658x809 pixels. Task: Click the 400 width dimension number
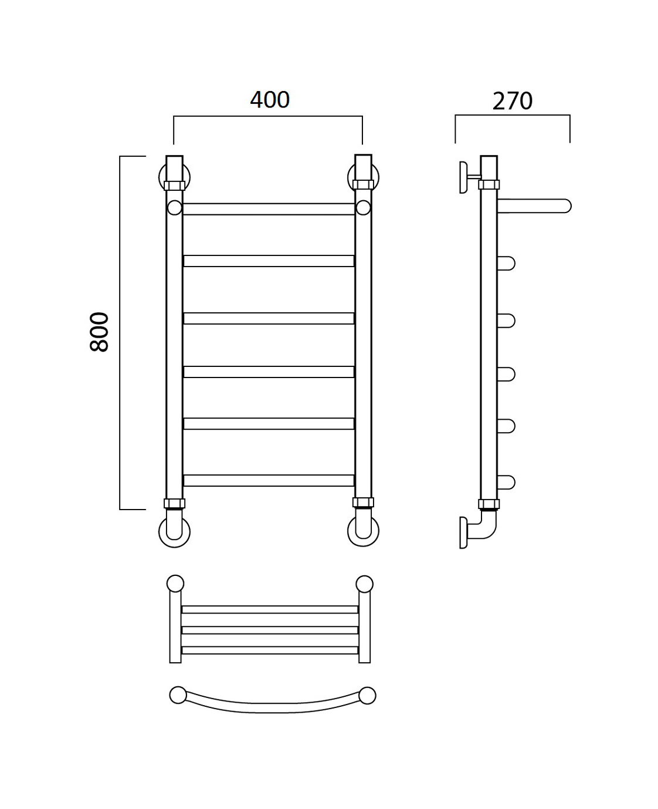coord(270,100)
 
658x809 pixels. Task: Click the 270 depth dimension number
coord(513,101)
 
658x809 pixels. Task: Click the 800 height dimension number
coord(99,332)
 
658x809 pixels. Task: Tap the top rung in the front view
coord(269,209)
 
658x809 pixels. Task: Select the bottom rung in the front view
coord(269,480)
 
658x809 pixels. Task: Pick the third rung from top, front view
coord(269,318)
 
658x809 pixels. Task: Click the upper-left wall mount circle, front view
coord(174,177)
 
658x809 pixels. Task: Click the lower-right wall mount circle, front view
coord(363,531)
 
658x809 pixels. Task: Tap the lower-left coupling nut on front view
coord(175,504)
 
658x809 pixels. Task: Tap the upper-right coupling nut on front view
coord(363,184)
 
